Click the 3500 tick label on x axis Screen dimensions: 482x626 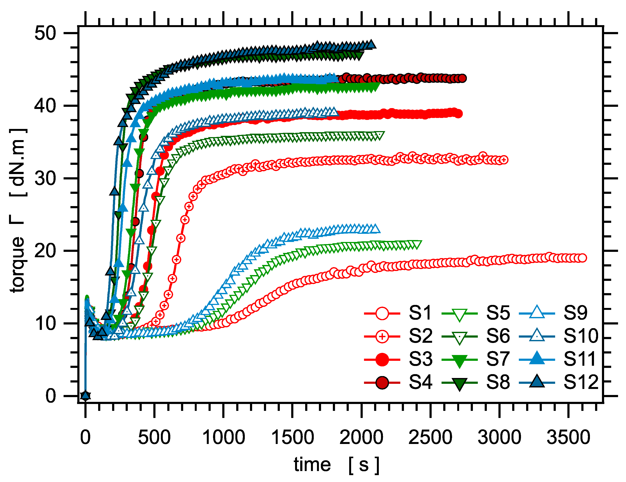pos(568,437)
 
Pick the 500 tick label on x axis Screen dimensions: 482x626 pos(154,437)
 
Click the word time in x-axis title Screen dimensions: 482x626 pos(312,465)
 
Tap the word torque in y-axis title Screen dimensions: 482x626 pos(17,264)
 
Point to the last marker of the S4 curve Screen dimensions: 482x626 pos(462,78)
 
